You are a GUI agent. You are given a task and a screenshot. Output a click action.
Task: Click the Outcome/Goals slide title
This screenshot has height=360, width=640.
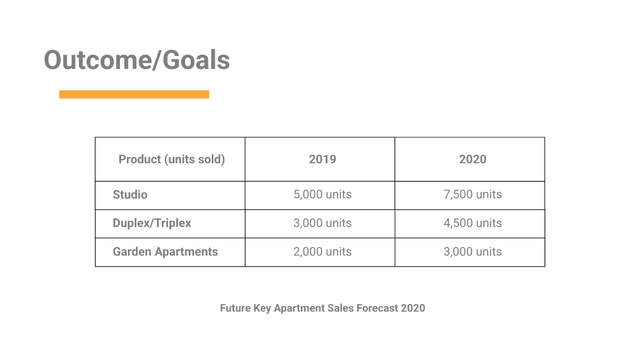137,60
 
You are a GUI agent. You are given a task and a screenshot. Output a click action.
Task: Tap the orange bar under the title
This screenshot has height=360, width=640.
134,94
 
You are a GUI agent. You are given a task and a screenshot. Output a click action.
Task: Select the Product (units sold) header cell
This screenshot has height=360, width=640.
171,159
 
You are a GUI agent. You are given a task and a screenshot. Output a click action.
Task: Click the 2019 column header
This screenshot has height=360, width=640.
323,159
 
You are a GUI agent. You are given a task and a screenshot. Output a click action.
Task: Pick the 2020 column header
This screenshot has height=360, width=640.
473,159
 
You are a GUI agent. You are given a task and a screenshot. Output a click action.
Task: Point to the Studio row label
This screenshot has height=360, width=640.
130,195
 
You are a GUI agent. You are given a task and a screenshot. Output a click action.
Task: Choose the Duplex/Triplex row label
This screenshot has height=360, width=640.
152,223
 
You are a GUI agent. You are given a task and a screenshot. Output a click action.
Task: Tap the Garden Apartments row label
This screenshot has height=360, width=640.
165,252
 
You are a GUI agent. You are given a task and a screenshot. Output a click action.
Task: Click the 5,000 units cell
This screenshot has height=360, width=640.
323,195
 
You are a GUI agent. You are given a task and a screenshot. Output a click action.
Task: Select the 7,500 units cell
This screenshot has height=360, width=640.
473,195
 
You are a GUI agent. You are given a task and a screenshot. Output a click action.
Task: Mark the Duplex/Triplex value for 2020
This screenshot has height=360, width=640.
473,223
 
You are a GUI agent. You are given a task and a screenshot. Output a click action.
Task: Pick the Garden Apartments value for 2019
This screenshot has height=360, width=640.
323,252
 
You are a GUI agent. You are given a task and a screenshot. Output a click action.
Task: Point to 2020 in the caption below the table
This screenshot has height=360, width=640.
413,308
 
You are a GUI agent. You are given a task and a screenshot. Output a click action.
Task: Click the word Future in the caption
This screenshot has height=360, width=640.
235,308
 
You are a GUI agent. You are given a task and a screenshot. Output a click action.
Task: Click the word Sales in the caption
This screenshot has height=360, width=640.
341,308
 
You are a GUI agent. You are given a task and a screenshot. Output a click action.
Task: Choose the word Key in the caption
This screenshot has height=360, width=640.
262,308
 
